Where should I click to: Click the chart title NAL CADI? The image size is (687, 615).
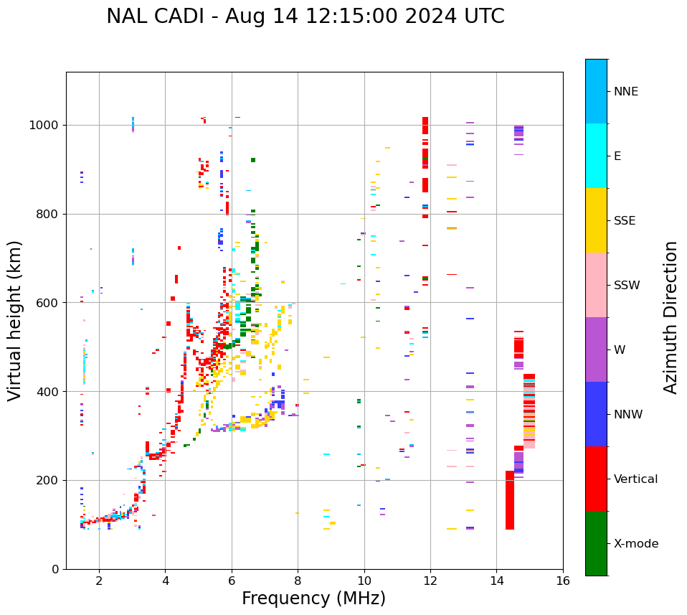coord(305,17)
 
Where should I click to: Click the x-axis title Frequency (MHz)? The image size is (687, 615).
coord(313,598)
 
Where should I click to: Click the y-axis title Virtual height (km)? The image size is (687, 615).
coord(15,320)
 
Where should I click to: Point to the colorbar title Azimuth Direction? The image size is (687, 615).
coord(671,317)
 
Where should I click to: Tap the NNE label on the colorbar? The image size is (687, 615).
coord(625,92)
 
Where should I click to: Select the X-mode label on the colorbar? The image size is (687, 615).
coord(636,544)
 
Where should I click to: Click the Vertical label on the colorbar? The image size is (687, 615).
coord(635,479)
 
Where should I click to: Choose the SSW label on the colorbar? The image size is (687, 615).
coord(627,286)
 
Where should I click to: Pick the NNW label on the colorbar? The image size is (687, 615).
coord(628,415)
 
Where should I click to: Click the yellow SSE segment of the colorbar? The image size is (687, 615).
coord(596,220)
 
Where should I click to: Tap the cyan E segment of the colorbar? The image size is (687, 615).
coord(596,155)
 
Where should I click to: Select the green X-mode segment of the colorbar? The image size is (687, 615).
coord(596,543)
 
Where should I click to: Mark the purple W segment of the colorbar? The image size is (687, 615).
coord(596,349)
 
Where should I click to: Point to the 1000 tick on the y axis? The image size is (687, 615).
coord(45,125)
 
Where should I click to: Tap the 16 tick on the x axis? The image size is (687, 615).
coord(562,581)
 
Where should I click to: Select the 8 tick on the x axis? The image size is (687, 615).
coord(298,581)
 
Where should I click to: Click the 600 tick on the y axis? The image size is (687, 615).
coord(48,303)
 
